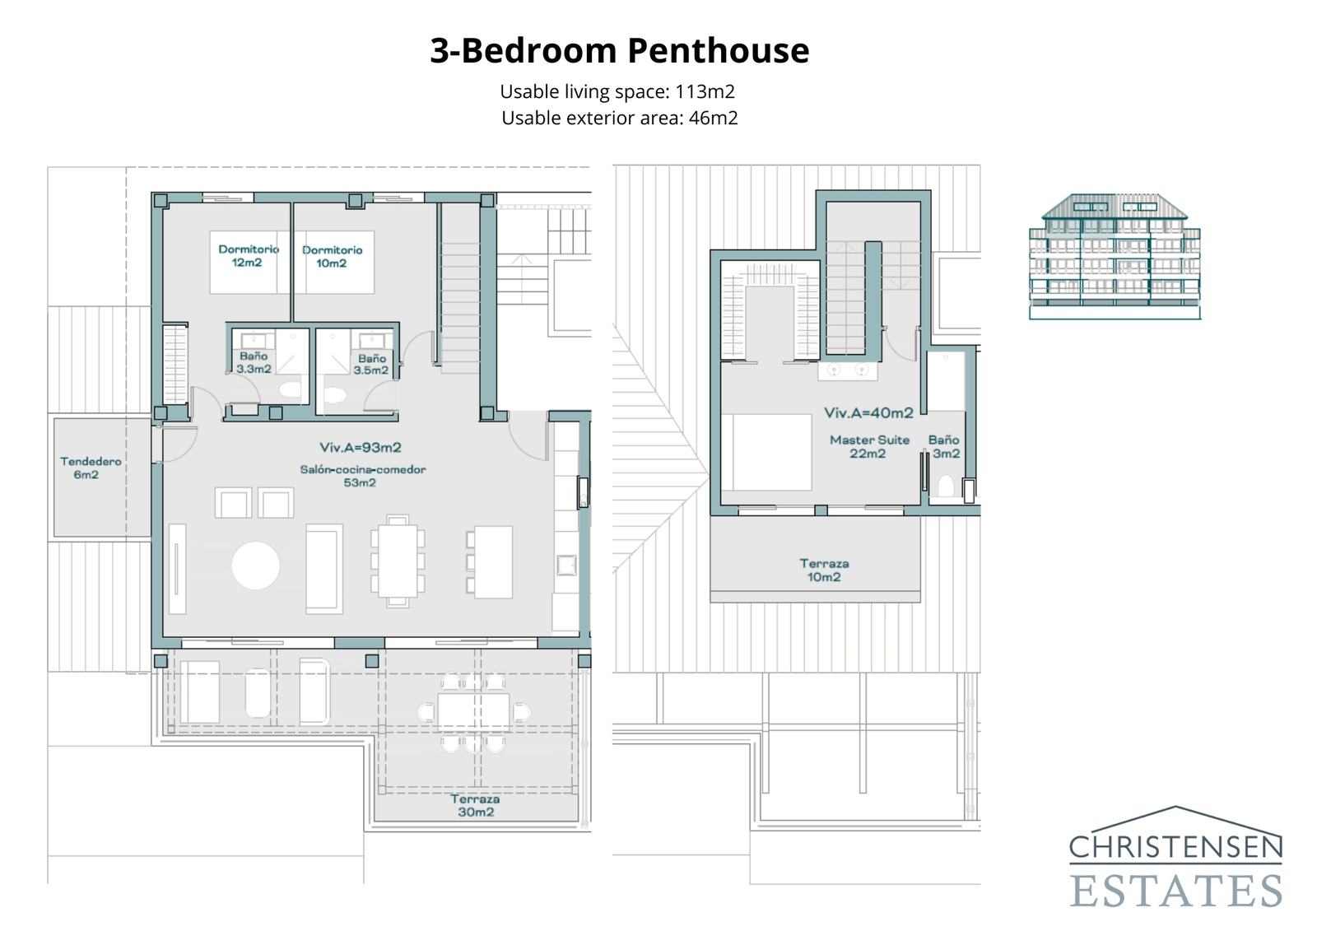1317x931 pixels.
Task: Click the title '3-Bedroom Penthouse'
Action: pyautogui.click(x=619, y=50)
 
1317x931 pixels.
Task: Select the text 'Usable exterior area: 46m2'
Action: pyautogui.click(x=619, y=118)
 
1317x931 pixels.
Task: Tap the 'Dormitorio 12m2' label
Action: pyautogui.click(x=248, y=256)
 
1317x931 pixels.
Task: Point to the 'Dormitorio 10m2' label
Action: pyautogui.click(x=332, y=256)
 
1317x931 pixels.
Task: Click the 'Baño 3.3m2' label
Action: pyautogui.click(x=254, y=363)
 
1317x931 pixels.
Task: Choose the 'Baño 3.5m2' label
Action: pyautogui.click(x=371, y=365)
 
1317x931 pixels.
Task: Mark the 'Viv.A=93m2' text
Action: pyautogui.click(x=361, y=448)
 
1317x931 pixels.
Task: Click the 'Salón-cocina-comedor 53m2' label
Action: pyautogui.click(x=362, y=476)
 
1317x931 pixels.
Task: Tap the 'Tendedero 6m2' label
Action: pyautogui.click(x=90, y=468)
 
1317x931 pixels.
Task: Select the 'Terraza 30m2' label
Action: pyautogui.click(x=475, y=805)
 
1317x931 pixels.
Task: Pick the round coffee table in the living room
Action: pyautogui.click(x=255, y=566)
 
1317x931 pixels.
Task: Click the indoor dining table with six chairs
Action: pyautogui.click(x=398, y=561)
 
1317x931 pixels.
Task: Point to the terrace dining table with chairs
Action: pyautogui.click(x=473, y=712)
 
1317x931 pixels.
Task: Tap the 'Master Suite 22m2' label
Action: pyautogui.click(x=869, y=446)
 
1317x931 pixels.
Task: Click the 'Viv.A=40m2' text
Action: pyautogui.click(x=868, y=412)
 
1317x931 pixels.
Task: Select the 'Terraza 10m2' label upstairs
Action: pyautogui.click(x=824, y=570)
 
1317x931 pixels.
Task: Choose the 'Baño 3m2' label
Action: pyautogui.click(x=944, y=446)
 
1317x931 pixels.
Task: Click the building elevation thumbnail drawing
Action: pyautogui.click(x=1115, y=256)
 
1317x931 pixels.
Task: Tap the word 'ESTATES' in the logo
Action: pyautogui.click(x=1175, y=891)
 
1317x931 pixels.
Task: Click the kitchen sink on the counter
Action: pyautogui.click(x=566, y=564)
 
